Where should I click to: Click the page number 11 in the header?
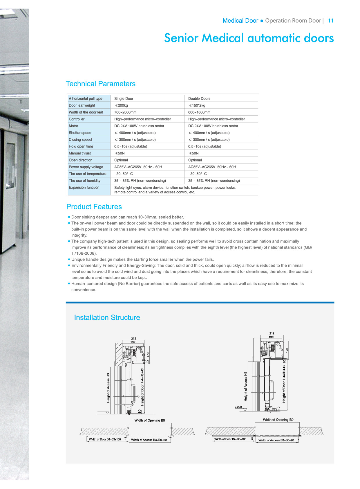point(331,21)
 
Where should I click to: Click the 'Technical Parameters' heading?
point(101,84)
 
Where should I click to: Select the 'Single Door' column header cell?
point(124,99)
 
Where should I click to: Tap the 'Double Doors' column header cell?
point(199,99)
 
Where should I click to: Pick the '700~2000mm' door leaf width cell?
point(125,112)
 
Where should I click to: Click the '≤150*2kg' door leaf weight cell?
point(197,105)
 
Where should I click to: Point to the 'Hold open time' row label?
point(81,147)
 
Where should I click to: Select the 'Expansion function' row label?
point(84,188)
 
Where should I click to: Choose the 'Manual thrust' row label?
point(80,153)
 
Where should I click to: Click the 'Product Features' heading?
point(94,207)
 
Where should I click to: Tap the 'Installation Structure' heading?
point(107,318)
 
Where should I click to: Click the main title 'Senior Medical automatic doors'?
point(249,38)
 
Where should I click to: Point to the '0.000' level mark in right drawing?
point(238,407)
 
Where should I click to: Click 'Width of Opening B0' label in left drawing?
point(150,420)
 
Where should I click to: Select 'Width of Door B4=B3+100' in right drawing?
point(230,439)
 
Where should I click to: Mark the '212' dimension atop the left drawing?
point(133,339)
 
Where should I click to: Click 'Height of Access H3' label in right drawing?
point(246,386)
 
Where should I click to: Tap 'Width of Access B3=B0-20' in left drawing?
point(149,440)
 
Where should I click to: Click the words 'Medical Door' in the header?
point(240,21)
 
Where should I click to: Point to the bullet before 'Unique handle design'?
point(69,259)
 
